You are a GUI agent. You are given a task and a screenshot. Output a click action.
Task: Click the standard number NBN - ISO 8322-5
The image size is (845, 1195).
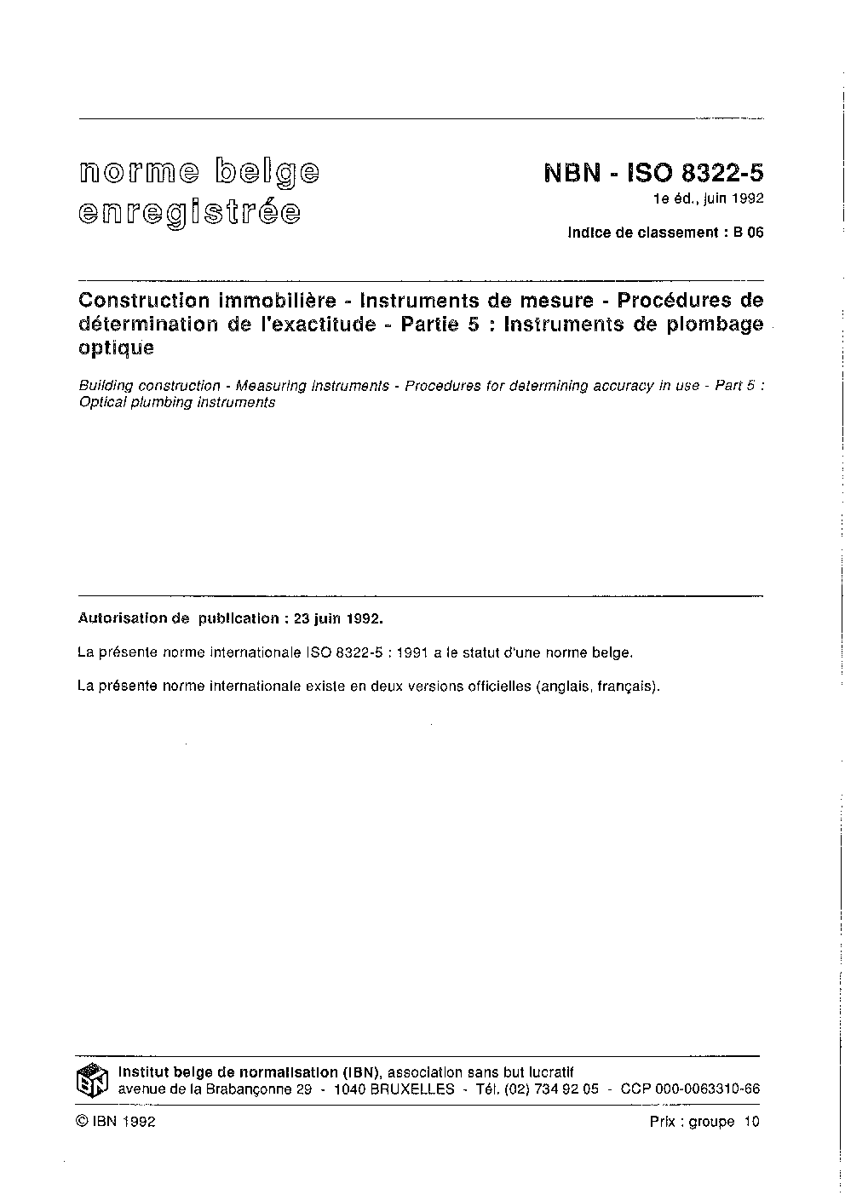[653, 174]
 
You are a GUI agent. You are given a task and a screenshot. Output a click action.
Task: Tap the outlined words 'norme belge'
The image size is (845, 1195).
[200, 173]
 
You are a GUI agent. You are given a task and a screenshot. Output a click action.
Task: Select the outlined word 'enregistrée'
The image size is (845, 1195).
[189, 211]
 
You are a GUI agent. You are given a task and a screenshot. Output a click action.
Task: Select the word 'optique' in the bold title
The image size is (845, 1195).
[116, 348]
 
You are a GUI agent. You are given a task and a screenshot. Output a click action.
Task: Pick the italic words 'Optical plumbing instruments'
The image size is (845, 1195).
[177, 403]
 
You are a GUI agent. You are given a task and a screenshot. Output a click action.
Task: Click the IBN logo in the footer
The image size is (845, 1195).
[92, 1081]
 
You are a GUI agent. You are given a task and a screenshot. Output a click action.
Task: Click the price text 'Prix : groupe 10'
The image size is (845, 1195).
[704, 1122]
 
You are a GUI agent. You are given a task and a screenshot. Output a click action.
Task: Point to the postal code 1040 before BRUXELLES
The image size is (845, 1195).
[350, 1089]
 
